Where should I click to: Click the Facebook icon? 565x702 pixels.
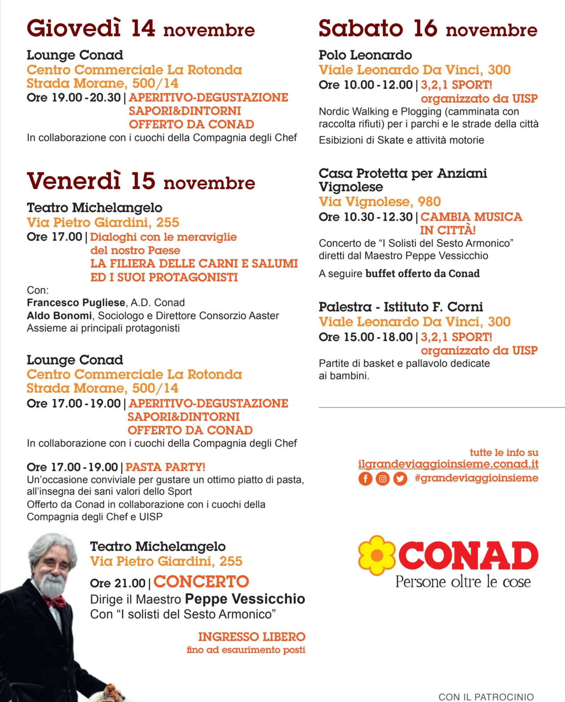tap(365, 479)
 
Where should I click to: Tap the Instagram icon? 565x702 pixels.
tap(382, 479)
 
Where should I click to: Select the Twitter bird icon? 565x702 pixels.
tap(400, 479)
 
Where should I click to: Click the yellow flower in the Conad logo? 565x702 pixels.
tap(377, 555)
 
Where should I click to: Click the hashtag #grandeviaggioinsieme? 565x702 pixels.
tap(476, 478)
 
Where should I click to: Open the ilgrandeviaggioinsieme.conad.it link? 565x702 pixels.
tap(448, 464)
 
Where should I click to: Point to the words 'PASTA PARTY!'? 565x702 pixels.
tap(165, 467)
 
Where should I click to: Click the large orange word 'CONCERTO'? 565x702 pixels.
tap(201, 582)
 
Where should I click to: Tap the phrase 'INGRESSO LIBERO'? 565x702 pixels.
tap(251, 637)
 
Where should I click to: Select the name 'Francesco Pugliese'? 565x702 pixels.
tap(76, 303)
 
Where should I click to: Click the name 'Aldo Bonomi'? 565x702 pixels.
tap(59, 315)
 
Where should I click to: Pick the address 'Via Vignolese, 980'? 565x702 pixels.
tap(380, 202)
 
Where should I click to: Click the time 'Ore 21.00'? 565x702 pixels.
tap(118, 583)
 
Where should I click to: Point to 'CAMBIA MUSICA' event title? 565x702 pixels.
tap(471, 217)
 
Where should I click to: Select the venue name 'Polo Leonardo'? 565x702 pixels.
tap(365, 55)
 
